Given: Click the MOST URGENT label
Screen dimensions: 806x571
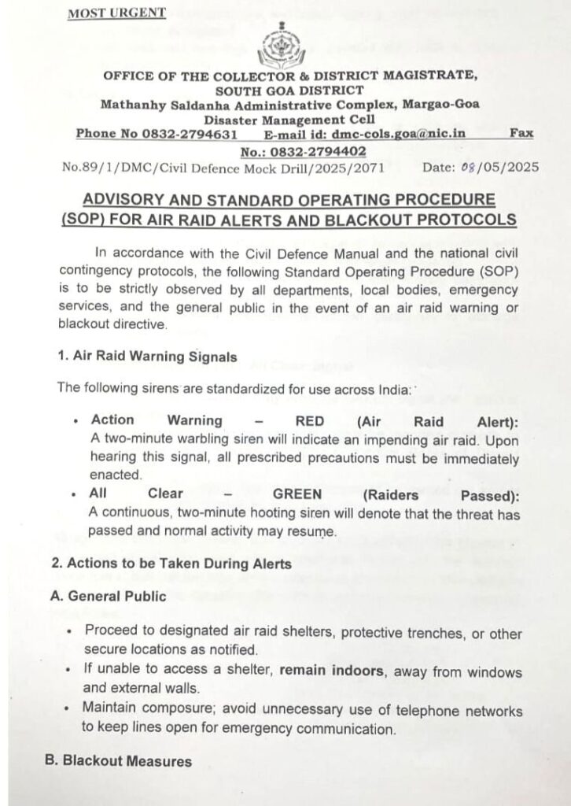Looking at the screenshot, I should click(116, 13).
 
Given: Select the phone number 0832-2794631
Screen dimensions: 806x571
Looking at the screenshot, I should click(190, 134).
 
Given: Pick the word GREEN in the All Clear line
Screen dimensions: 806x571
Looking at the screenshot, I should click(297, 494).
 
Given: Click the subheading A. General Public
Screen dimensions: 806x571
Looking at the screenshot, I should click(108, 596).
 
